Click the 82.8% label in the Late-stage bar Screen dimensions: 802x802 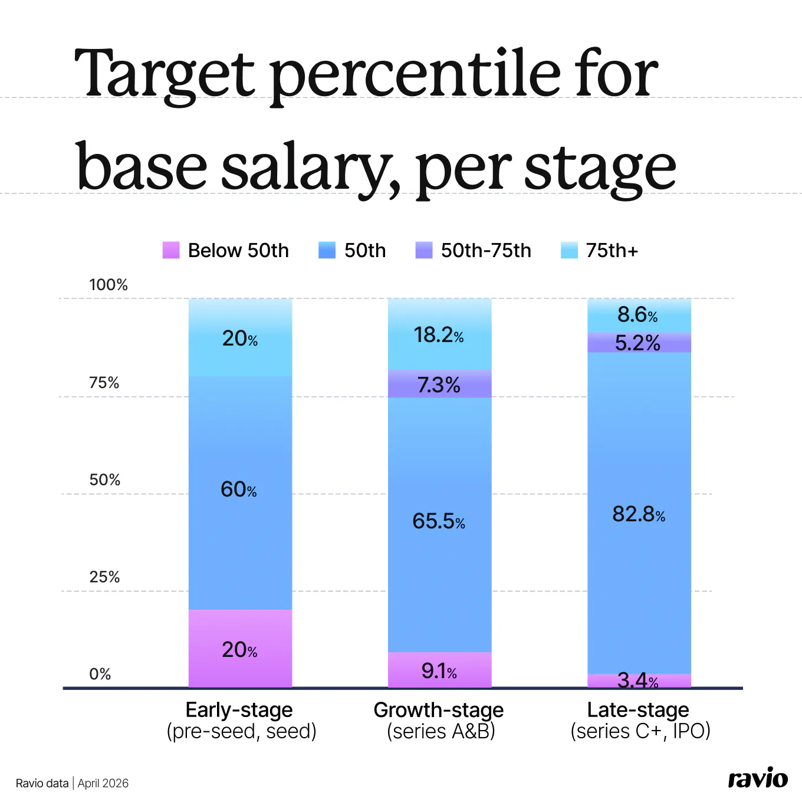(639, 514)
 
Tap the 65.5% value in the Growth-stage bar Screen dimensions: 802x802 (439, 521)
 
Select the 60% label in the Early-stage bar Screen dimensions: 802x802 (239, 489)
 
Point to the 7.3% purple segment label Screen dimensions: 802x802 (439, 385)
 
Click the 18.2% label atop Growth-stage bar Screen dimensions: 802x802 (439, 335)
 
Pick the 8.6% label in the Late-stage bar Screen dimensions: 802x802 (637, 315)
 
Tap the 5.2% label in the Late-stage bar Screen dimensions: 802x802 (637, 343)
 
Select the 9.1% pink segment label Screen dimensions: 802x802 (439, 671)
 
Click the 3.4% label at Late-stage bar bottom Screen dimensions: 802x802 (637, 681)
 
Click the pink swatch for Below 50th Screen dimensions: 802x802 (171, 250)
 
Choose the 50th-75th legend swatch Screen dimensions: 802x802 (424, 250)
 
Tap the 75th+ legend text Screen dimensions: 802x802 (612, 251)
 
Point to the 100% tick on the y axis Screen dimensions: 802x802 (109, 285)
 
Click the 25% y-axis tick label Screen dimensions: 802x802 (104, 577)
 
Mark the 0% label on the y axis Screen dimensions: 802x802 (100, 674)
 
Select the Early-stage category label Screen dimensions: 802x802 (239, 709)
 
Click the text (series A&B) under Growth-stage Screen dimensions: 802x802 (441, 731)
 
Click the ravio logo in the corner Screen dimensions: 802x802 (758, 779)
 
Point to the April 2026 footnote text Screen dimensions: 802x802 (103, 783)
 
